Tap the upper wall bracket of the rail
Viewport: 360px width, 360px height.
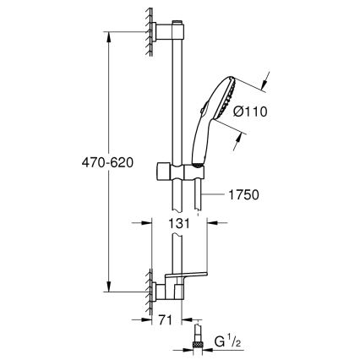click(x=169, y=30)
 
